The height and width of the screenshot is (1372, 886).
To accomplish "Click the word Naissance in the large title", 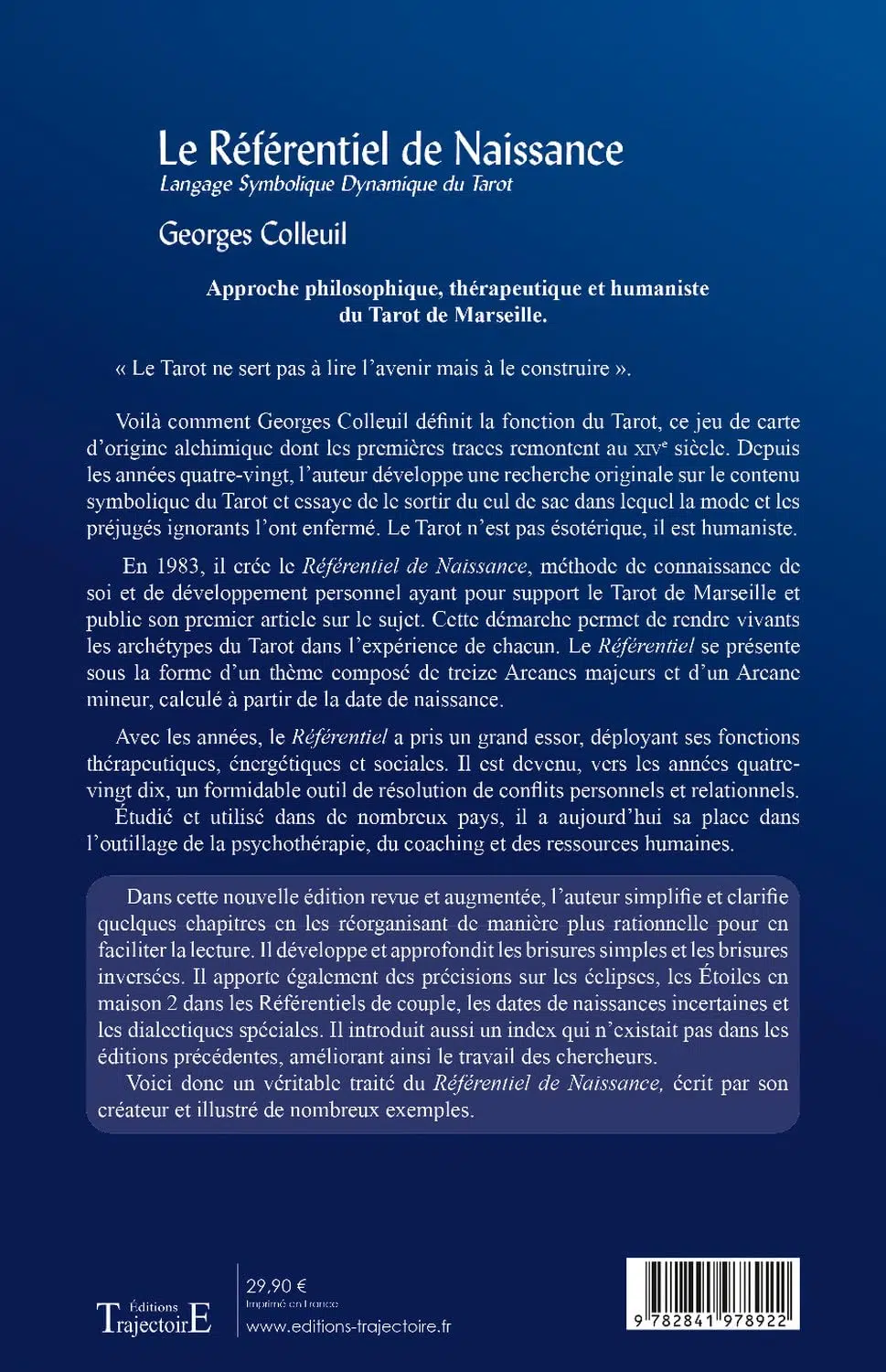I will point(539,149).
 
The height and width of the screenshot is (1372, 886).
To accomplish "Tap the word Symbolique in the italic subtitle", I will point(287,184).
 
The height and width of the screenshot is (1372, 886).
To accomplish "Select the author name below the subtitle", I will point(252,234).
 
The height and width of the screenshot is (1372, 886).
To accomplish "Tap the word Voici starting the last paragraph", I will point(152,1083).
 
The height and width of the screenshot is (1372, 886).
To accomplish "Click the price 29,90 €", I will point(276,1286).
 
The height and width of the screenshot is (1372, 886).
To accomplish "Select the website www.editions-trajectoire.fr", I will point(348,1326).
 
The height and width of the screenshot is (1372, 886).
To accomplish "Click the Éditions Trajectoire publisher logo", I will point(154,1317).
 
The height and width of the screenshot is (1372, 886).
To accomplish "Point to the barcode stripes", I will point(713,1285).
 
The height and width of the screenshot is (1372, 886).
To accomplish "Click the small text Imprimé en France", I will point(292,1303).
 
